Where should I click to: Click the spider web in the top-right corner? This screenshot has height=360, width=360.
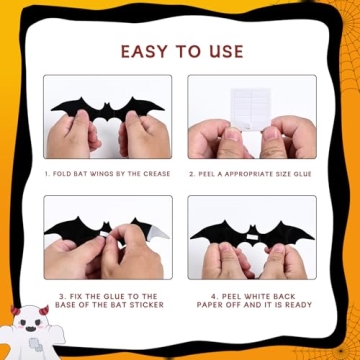point(345,15)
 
